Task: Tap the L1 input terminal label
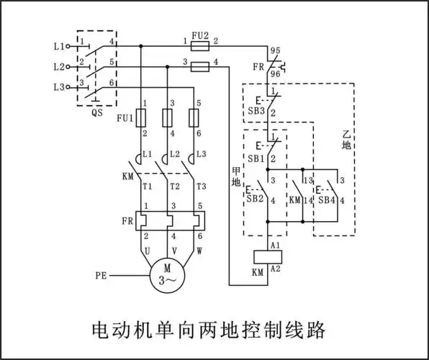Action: tap(59, 45)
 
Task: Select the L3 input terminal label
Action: tap(59, 87)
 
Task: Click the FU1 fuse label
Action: tap(125, 118)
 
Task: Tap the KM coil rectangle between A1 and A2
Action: tap(268, 256)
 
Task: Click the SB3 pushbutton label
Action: tap(256, 111)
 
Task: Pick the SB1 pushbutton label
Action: tap(256, 158)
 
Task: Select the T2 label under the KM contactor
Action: tap(174, 186)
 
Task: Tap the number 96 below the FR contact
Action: tap(275, 73)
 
